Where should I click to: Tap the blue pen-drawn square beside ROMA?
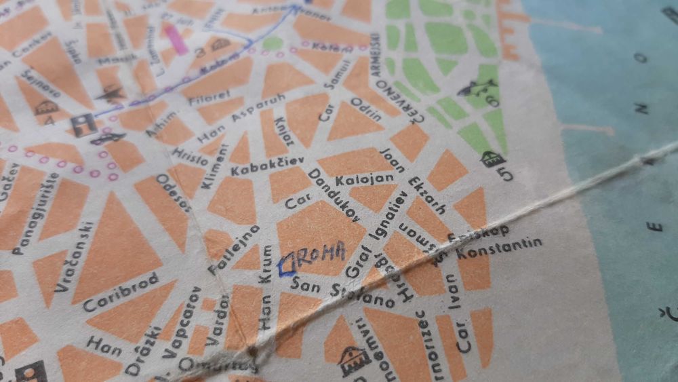(x=287, y=263)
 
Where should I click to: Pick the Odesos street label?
(x=173, y=194)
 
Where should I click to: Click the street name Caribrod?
(x=121, y=292)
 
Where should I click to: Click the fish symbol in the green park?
(x=477, y=88)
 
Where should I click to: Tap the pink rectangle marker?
(x=178, y=39)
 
